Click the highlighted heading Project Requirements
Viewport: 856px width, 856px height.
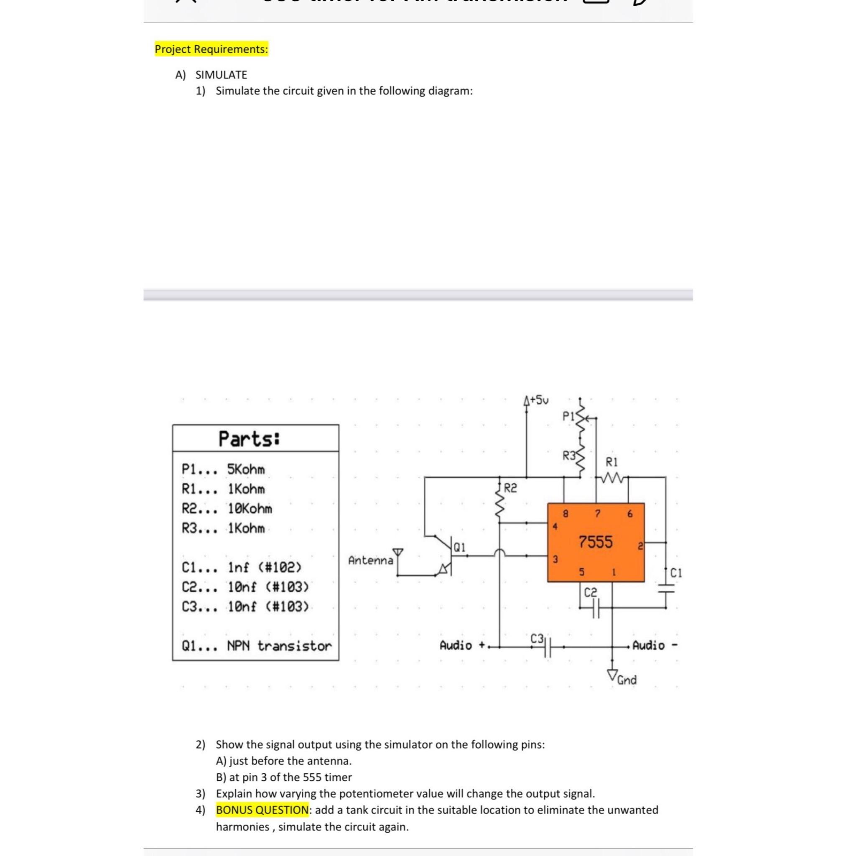tap(211, 49)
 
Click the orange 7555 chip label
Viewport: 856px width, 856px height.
tap(596, 541)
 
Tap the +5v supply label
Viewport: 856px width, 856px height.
tap(538, 400)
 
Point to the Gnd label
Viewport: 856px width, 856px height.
tap(627, 680)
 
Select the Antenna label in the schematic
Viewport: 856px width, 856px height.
tap(370, 560)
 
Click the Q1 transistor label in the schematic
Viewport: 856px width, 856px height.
tap(459, 548)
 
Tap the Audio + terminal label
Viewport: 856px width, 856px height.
tap(462, 645)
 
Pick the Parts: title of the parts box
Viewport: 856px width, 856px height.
tap(250, 439)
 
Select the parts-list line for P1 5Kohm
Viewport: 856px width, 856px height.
tap(223, 469)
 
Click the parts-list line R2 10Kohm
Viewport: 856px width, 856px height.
tap(227, 509)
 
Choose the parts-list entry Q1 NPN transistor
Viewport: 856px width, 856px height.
tap(257, 646)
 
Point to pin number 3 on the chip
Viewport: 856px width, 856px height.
tap(555, 560)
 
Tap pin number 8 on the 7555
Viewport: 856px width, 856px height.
tap(565, 514)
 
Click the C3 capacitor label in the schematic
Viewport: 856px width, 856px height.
tap(537, 639)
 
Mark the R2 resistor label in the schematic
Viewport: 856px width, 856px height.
tap(510, 488)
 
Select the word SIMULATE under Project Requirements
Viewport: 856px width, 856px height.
tap(221, 75)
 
